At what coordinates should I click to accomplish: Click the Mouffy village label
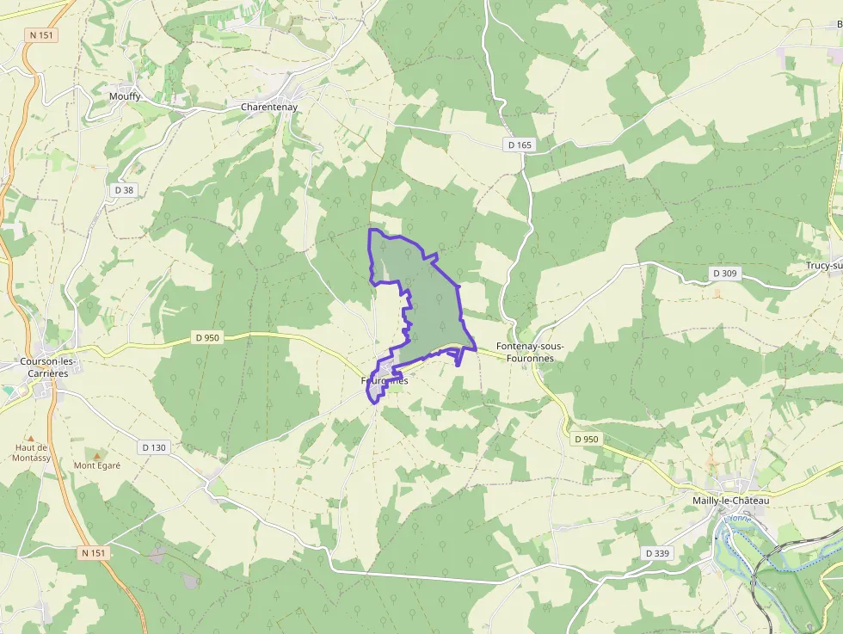(125, 96)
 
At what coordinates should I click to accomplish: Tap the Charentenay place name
(268, 107)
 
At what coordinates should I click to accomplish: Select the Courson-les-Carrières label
(49, 367)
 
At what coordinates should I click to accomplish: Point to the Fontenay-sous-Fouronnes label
(525, 352)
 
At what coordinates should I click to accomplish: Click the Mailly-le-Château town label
(730, 500)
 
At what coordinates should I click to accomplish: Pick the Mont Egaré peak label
(96, 465)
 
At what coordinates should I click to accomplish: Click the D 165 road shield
(520, 145)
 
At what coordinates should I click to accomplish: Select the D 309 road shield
(726, 274)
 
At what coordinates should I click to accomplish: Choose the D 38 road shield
(124, 189)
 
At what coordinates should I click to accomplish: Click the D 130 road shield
(153, 447)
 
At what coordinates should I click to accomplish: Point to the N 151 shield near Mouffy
(40, 35)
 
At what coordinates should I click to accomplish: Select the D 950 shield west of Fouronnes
(207, 338)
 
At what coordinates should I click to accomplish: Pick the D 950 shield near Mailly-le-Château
(585, 439)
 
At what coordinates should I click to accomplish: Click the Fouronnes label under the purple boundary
(384, 380)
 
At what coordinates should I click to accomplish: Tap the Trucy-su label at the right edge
(823, 266)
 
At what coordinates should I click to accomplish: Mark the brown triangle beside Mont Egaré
(96, 453)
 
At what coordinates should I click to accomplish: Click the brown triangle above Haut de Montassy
(30, 437)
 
